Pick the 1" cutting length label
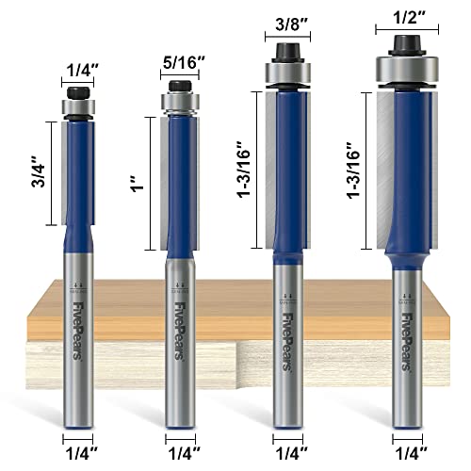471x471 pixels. (134, 184)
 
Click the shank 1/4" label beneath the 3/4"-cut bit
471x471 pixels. (78, 450)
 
